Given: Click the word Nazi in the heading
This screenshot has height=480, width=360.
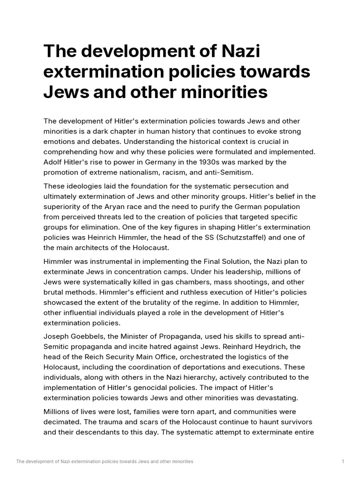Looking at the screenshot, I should (237, 51).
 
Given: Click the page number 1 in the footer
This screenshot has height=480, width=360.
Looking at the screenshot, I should (343, 462).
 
